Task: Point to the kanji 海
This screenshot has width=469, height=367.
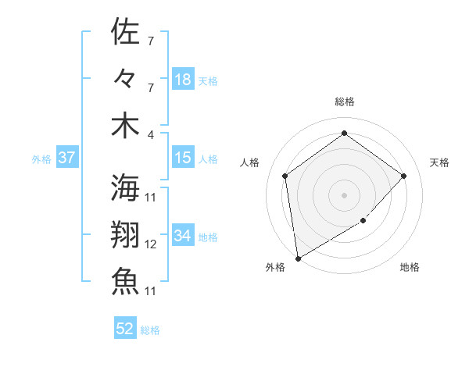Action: (x=125, y=187)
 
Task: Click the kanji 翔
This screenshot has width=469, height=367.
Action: (x=125, y=234)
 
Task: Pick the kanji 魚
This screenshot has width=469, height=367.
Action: (x=125, y=281)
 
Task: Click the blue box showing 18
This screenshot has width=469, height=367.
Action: (x=183, y=79)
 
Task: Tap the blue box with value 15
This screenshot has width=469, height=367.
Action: (x=183, y=158)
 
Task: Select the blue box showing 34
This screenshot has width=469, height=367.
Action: (x=183, y=235)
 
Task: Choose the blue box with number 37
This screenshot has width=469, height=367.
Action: (x=66, y=158)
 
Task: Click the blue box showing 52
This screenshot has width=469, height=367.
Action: (x=125, y=329)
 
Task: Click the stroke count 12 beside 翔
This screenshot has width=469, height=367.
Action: (x=151, y=244)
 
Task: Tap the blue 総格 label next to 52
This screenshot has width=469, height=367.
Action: (x=150, y=330)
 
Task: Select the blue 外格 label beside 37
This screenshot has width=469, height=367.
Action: (x=41, y=159)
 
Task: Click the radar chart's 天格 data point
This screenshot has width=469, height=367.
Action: (x=403, y=176)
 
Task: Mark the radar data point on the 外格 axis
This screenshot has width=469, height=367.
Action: (x=298, y=258)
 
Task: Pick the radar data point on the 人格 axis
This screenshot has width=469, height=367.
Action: (x=285, y=176)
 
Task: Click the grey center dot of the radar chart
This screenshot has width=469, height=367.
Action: (x=344, y=194)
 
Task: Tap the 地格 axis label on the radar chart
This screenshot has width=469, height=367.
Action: (x=410, y=267)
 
